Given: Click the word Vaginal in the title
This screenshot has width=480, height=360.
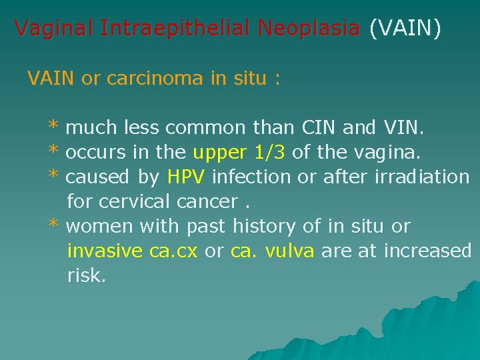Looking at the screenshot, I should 55,28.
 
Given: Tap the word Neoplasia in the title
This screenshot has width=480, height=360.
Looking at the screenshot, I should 309,28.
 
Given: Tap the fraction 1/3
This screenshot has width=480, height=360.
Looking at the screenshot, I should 270,152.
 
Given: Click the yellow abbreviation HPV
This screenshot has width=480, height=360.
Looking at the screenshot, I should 187,177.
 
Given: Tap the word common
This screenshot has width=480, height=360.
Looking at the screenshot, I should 207,127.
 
